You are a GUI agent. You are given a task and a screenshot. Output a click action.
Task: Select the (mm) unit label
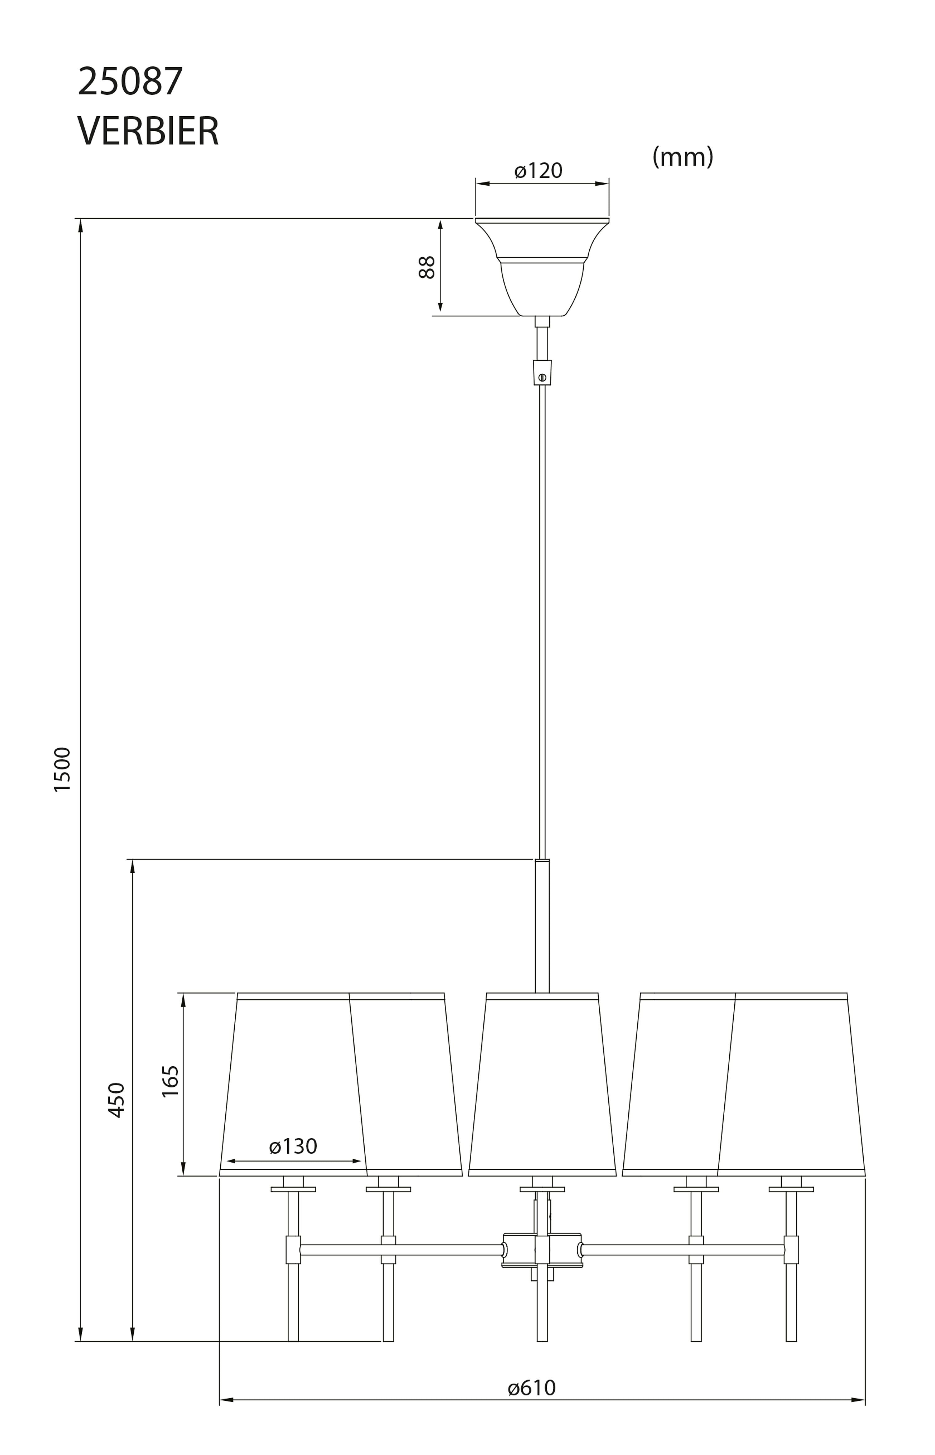pos(683,157)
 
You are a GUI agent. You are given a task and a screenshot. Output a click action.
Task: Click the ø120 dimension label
pos(539,171)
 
